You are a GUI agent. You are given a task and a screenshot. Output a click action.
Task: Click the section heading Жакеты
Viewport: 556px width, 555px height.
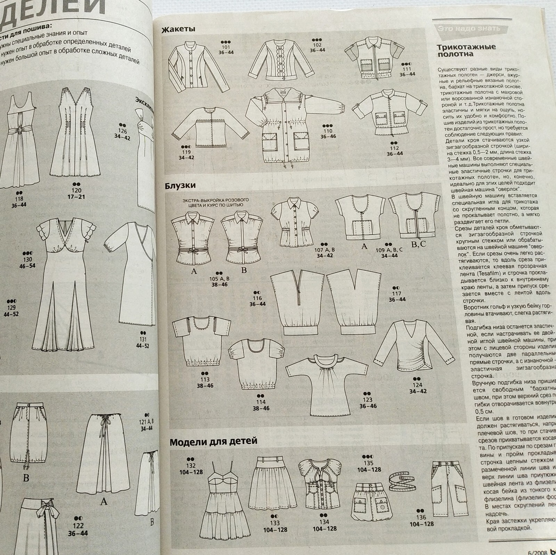pos(178,29)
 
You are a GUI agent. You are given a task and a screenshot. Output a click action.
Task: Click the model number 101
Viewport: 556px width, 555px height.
pos(226,47)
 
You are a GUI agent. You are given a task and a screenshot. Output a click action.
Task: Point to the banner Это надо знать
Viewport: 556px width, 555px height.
pos(469,28)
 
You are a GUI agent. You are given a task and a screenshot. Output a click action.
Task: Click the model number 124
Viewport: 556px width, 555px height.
pos(417,385)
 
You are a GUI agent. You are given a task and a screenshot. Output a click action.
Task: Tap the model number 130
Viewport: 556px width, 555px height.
pos(27,259)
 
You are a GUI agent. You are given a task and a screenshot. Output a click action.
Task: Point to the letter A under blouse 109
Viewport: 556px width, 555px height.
pos(364,246)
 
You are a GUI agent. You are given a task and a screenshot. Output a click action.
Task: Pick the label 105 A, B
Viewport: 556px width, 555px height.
pos(220,279)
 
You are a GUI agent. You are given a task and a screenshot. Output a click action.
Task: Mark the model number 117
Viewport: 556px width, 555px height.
pos(396,293)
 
